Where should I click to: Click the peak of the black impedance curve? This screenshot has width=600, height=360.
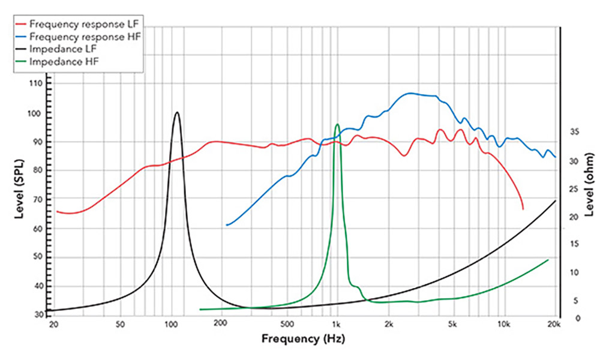point(177,112)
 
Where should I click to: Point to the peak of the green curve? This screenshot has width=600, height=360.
point(337,125)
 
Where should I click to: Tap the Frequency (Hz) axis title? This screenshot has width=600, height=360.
point(303,339)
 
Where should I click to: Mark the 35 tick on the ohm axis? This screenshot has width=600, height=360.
point(573,133)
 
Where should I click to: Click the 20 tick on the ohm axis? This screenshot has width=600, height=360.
point(573,217)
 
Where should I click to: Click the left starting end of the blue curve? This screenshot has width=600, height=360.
point(227,225)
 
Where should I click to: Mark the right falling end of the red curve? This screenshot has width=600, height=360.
point(523,208)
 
